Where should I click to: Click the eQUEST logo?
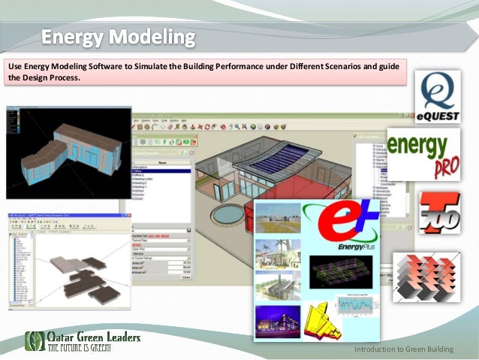coord(438,96)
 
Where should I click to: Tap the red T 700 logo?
coord(439,213)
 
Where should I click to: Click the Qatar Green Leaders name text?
coord(93,338)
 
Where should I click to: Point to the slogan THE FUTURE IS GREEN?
coord(80,349)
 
